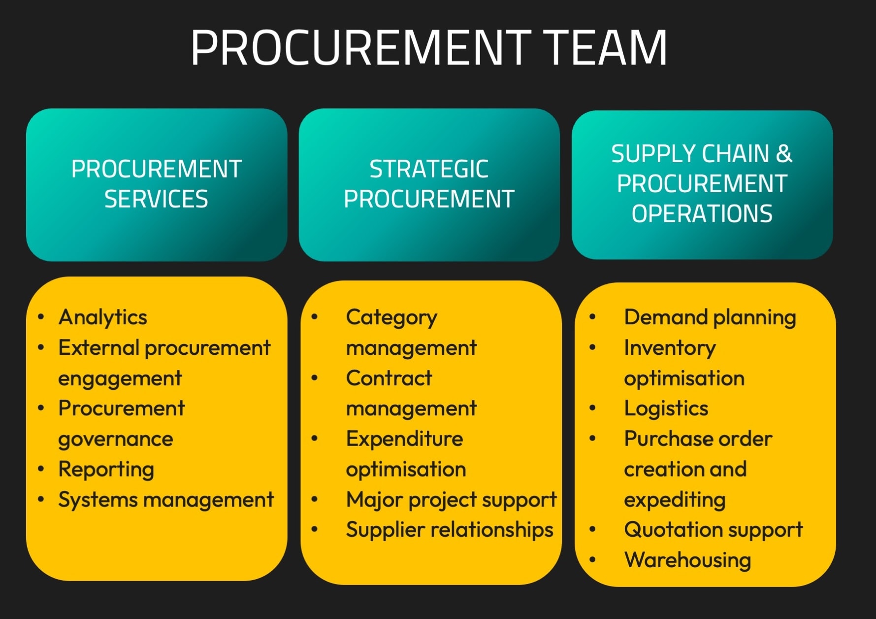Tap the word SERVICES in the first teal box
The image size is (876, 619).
pyautogui.click(x=156, y=199)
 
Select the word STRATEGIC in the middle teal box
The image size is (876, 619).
pyautogui.click(x=429, y=169)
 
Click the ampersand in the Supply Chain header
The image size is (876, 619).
pyautogui.click(x=784, y=154)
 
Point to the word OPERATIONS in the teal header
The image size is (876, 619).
pyautogui.click(x=702, y=214)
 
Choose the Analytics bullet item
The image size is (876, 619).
pyautogui.click(x=102, y=317)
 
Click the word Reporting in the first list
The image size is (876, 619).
pyautogui.click(x=106, y=469)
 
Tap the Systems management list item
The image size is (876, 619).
pyautogui.click(x=165, y=500)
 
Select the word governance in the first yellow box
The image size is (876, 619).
pyautogui.click(x=116, y=439)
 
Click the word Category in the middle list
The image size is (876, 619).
pyautogui.click(x=391, y=317)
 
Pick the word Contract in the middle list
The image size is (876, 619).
pyautogui.click(x=389, y=378)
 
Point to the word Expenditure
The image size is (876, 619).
pyautogui.click(x=404, y=439)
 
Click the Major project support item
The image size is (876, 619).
pyautogui.click(x=451, y=500)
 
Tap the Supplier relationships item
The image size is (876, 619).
pyautogui.click(x=450, y=530)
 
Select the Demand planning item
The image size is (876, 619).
pyautogui.click(x=710, y=317)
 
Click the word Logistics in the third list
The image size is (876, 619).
pyautogui.click(x=666, y=409)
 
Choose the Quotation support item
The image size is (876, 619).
pyautogui.click(x=713, y=530)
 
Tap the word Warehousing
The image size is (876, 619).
pyautogui.click(x=687, y=560)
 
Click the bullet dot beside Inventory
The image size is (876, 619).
pyautogui.click(x=592, y=348)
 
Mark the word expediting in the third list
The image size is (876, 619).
pyautogui.click(x=675, y=500)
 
